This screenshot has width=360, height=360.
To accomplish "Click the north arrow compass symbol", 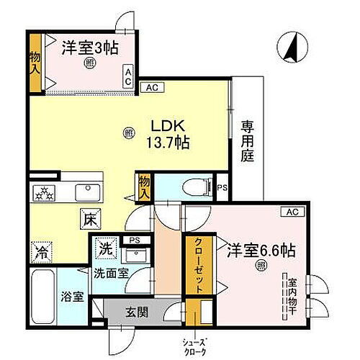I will [292, 50].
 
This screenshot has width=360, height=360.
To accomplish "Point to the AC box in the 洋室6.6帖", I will [291, 211].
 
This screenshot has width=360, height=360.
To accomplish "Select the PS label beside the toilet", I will [221, 189].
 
